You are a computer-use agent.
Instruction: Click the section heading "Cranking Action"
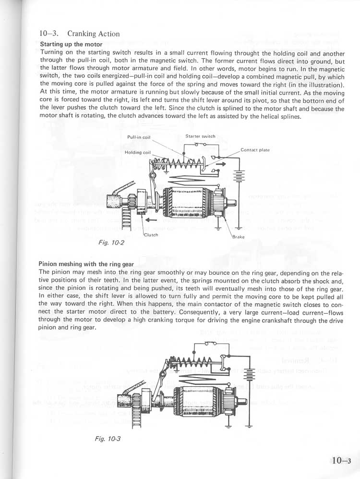click(x=94, y=34)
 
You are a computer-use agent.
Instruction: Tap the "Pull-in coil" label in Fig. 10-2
click(x=139, y=137)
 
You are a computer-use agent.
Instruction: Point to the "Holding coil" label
click(x=138, y=152)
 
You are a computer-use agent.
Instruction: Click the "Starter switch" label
click(x=200, y=136)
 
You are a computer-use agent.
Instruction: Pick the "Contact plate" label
click(x=255, y=150)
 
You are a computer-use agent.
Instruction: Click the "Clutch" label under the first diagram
click(x=151, y=235)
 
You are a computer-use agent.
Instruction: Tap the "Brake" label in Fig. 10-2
click(x=239, y=237)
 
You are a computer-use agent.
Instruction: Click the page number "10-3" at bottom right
click(x=341, y=460)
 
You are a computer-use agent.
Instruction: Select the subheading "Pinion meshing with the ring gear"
click(x=86, y=264)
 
